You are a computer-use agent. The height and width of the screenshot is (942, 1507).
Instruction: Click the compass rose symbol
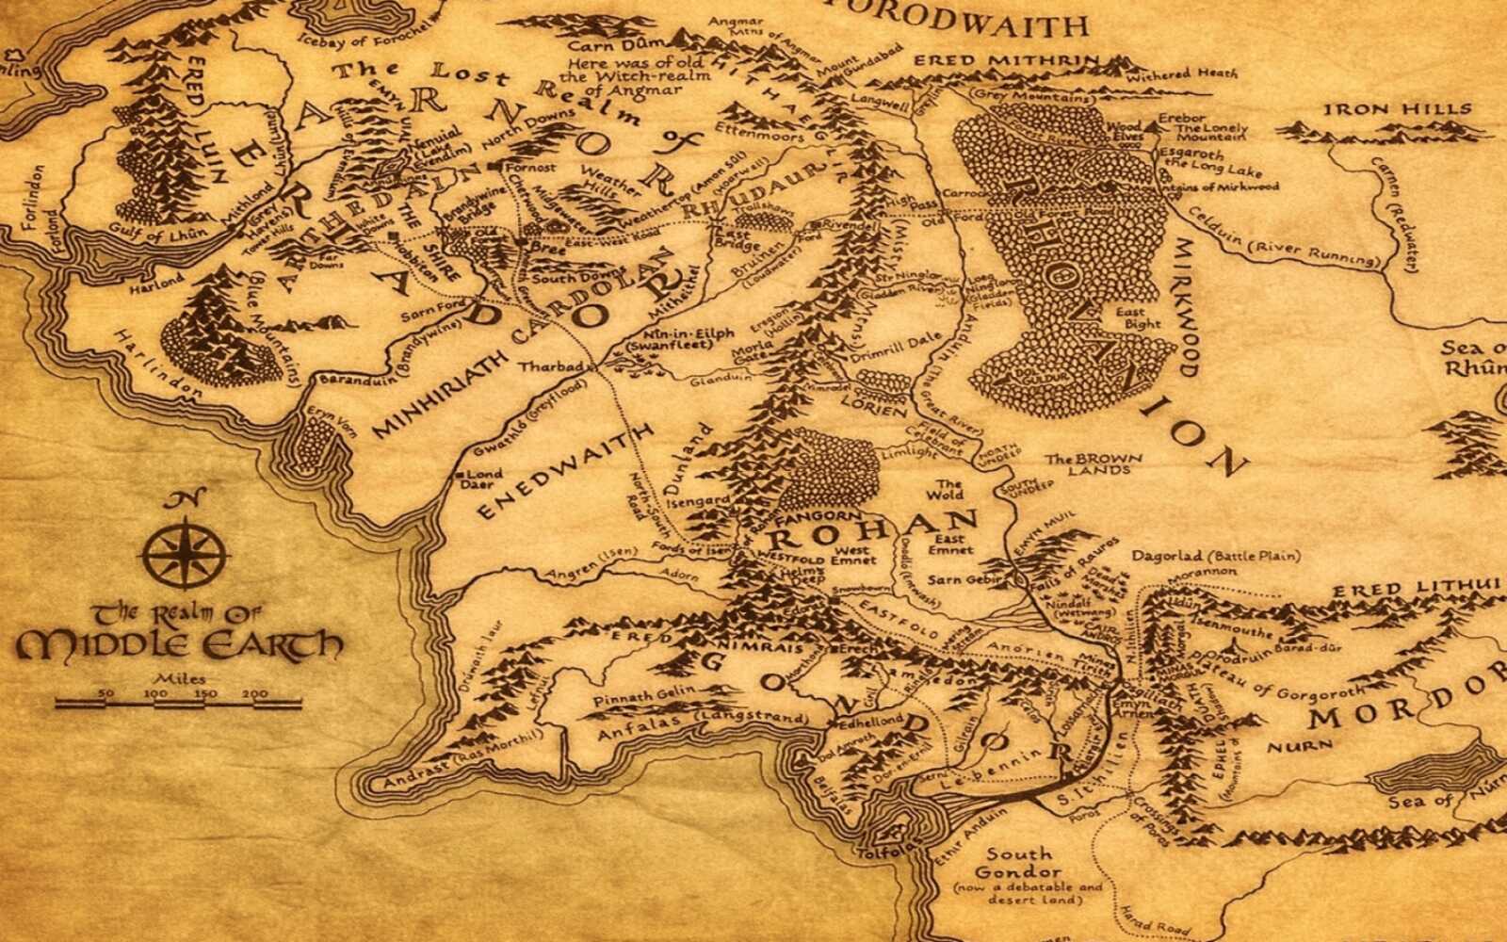tap(185, 550)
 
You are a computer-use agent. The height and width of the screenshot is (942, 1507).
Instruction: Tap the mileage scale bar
tap(177, 702)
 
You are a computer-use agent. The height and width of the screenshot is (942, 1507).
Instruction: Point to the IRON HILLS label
tap(1397, 110)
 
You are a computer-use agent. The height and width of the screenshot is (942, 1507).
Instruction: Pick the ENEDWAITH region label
tap(565, 471)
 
